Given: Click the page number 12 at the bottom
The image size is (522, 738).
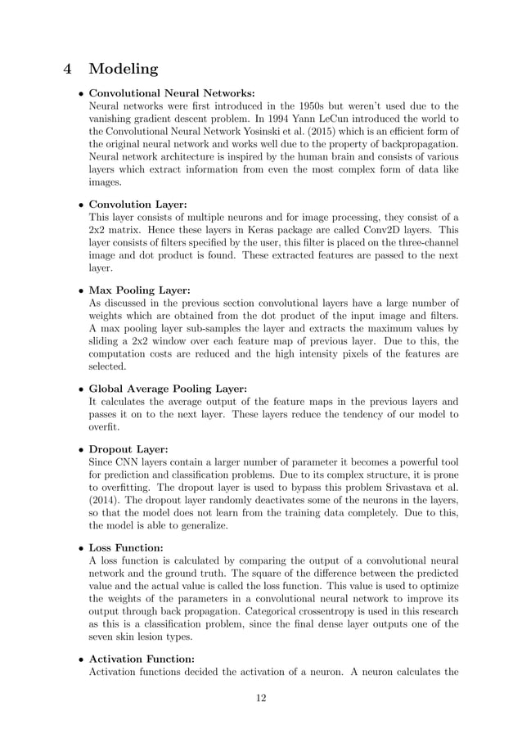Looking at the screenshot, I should pyautogui.click(x=260, y=697).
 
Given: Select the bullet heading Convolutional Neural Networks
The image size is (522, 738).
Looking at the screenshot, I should pyautogui.click(x=171, y=92).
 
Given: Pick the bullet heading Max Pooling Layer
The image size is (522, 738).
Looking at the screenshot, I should pyautogui.click(x=139, y=290).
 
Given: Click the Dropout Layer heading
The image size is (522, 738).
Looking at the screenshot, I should pyautogui.click(x=128, y=449).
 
